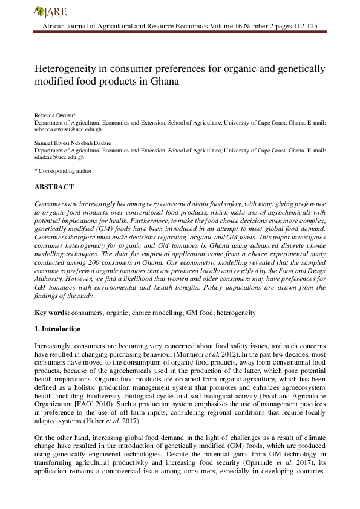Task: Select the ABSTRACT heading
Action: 54,187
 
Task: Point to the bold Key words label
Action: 50,313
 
